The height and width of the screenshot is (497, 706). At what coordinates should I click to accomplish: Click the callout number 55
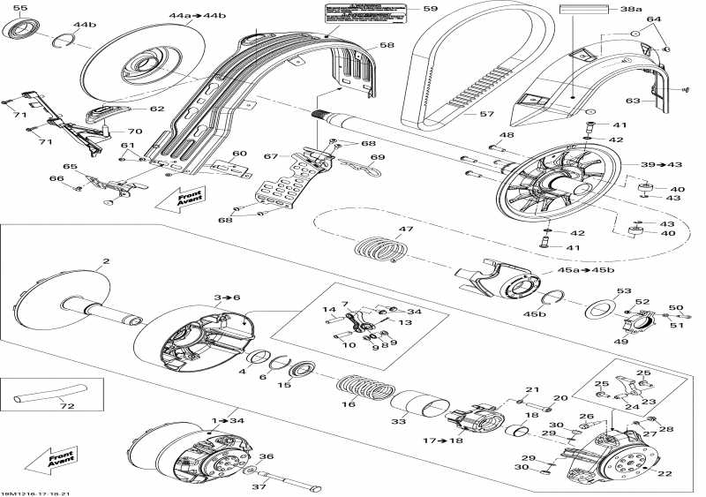pyautogui.click(x=19, y=8)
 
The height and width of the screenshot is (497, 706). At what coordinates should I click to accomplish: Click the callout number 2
pyautogui.click(x=106, y=261)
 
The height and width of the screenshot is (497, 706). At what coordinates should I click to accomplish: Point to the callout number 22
pyautogui.click(x=665, y=473)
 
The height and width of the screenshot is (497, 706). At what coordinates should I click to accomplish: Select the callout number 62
pyautogui.click(x=156, y=109)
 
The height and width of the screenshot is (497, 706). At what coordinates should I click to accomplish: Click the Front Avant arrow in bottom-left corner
pyautogui.click(x=45, y=460)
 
